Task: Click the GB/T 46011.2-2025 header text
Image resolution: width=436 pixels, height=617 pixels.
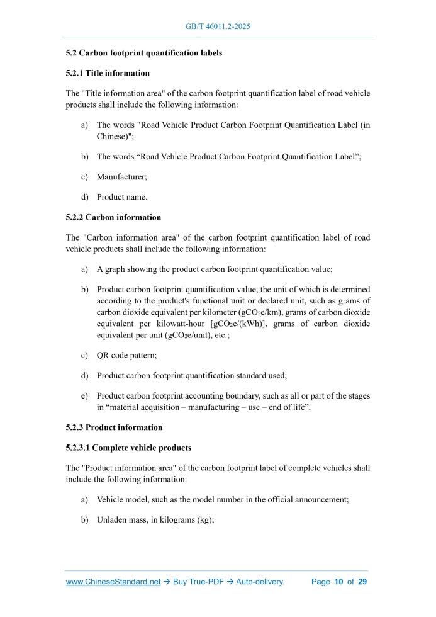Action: (x=218, y=26)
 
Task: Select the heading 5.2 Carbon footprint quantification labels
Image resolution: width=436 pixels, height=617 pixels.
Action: (x=143, y=53)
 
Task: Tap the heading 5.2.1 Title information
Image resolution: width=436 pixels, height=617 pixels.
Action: (x=108, y=73)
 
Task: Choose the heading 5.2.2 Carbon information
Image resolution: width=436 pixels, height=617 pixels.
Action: (x=113, y=217)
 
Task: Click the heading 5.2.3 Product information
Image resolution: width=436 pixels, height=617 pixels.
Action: (x=114, y=427)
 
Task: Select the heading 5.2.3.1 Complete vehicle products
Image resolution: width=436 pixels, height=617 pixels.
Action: (x=128, y=448)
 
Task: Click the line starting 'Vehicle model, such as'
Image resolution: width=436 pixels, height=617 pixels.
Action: (x=223, y=499)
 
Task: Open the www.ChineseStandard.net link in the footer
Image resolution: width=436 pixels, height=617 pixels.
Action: (x=113, y=582)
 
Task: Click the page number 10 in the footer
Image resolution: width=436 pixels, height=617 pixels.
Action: (x=338, y=582)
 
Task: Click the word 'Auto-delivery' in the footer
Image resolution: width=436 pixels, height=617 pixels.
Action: (x=260, y=582)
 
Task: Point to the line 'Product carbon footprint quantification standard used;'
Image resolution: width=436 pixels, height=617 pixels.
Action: (x=191, y=375)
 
